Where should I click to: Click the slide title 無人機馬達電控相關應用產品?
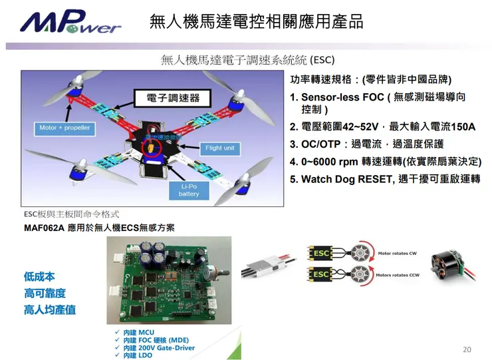(x=257, y=21)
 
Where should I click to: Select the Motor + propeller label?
(x=64, y=127)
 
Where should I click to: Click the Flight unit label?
(x=219, y=148)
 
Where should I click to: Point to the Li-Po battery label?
(x=189, y=190)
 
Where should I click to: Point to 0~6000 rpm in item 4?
(x=330, y=162)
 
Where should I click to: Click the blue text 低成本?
(x=39, y=277)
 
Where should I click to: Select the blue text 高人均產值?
(x=50, y=309)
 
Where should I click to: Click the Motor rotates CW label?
(x=397, y=254)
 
